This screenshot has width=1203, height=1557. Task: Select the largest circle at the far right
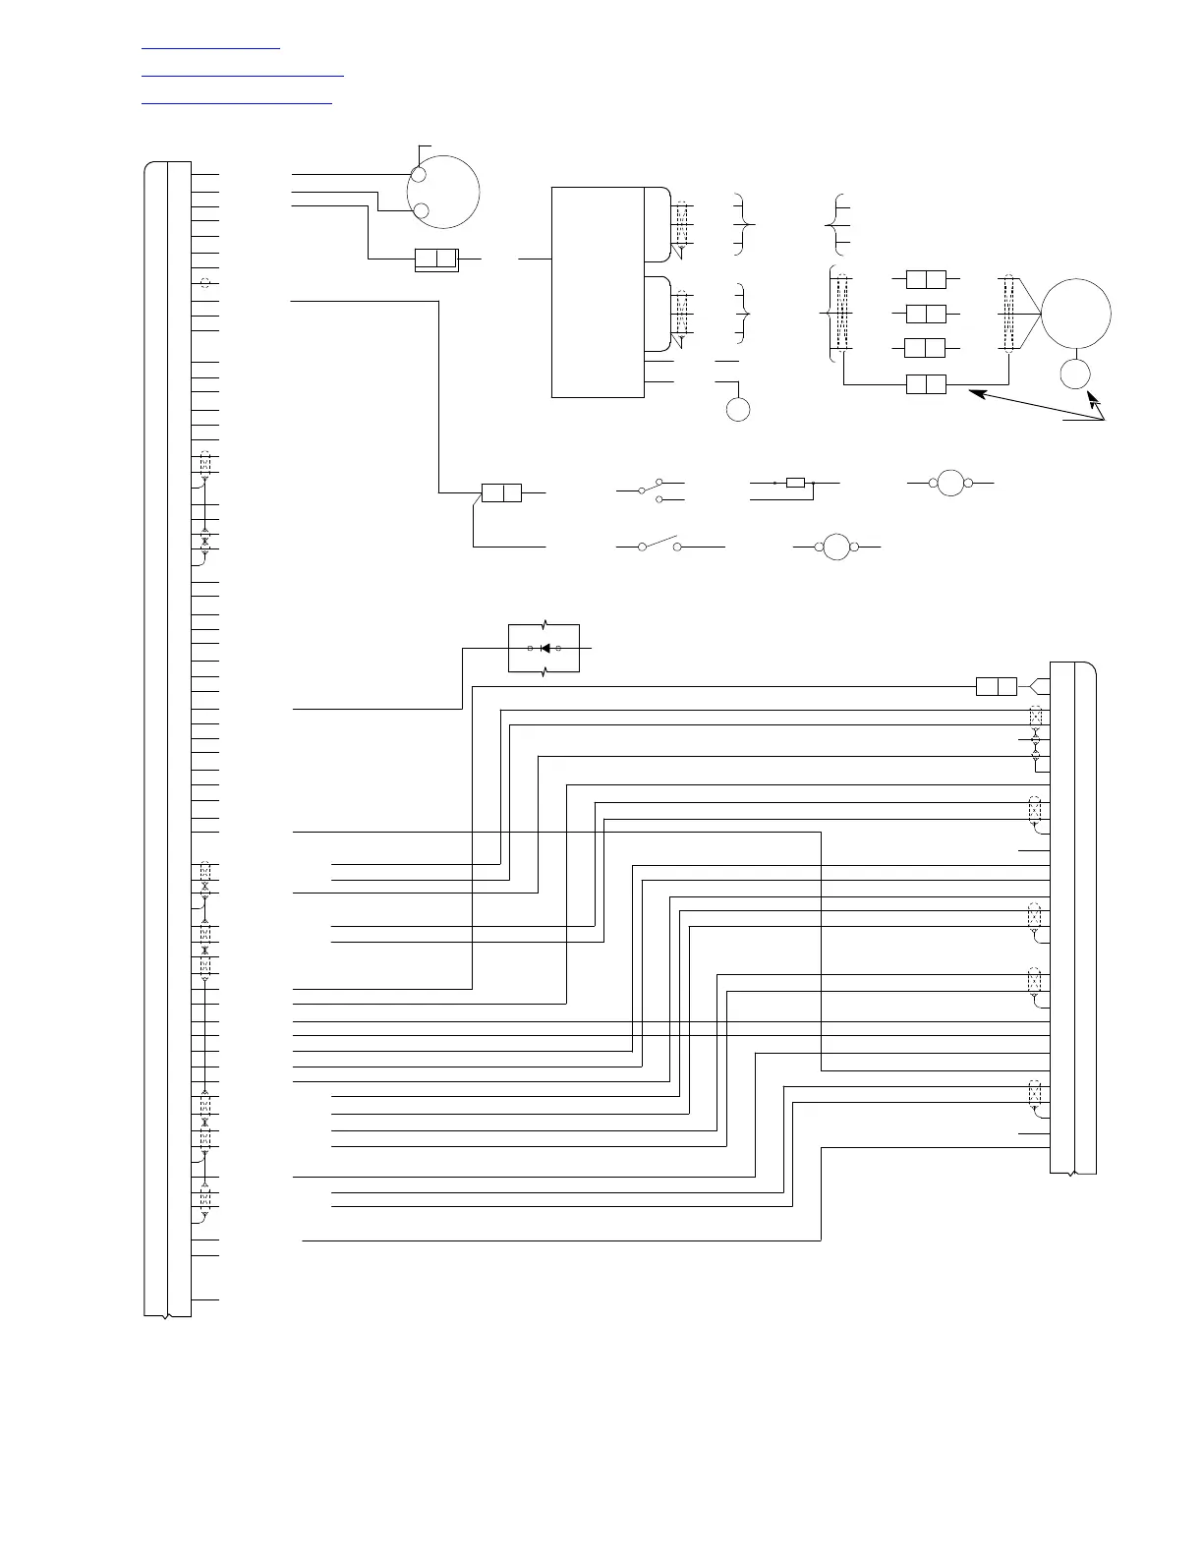[x=1075, y=314]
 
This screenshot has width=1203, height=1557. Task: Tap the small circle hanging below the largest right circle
[x=1077, y=375]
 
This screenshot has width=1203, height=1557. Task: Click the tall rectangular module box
[x=598, y=291]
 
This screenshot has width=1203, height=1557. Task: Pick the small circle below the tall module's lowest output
[x=738, y=409]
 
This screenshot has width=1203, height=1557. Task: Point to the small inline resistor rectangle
[x=796, y=483]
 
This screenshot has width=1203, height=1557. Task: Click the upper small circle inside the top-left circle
[x=419, y=176]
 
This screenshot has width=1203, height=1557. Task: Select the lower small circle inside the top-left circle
[x=421, y=210]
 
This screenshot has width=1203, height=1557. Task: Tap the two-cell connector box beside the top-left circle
[x=436, y=259]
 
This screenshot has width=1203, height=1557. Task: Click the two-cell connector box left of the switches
[x=501, y=492]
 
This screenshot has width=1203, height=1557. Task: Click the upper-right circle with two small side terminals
[x=950, y=483]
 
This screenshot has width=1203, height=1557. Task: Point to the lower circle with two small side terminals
[x=835, y=546]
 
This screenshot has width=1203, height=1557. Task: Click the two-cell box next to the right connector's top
[x=996, y=686]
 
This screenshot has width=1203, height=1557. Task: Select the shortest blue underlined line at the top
[x=211, y=46]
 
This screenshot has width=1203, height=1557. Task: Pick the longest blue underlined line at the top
[x=243, y=74]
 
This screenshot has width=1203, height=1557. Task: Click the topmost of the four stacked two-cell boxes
[x=925, y=279]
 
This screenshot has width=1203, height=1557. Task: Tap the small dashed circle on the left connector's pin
[x=204, y=283]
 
